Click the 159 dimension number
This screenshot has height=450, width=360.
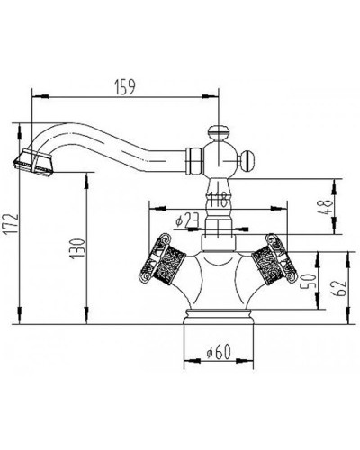click(x=125, y=87)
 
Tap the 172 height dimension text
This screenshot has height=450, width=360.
click(x=12, y=224)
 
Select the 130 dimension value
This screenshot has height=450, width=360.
click(x=77, y=249)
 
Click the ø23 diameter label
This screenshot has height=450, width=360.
click(x=188, y=221)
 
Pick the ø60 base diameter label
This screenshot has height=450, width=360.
click(x=219, y=351)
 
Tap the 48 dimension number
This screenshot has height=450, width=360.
click(x=325, y=207)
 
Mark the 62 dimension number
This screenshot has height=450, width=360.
click(x=339, y=288)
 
